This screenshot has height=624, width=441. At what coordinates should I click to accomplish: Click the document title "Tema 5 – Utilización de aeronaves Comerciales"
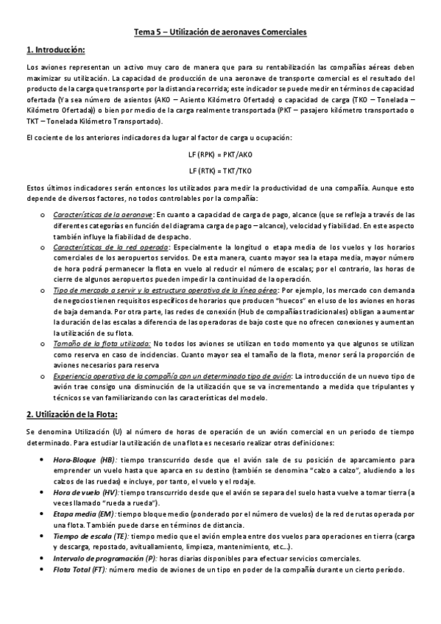click(220, 32)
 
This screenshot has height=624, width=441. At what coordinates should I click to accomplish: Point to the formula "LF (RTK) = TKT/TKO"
click(220, 169)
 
